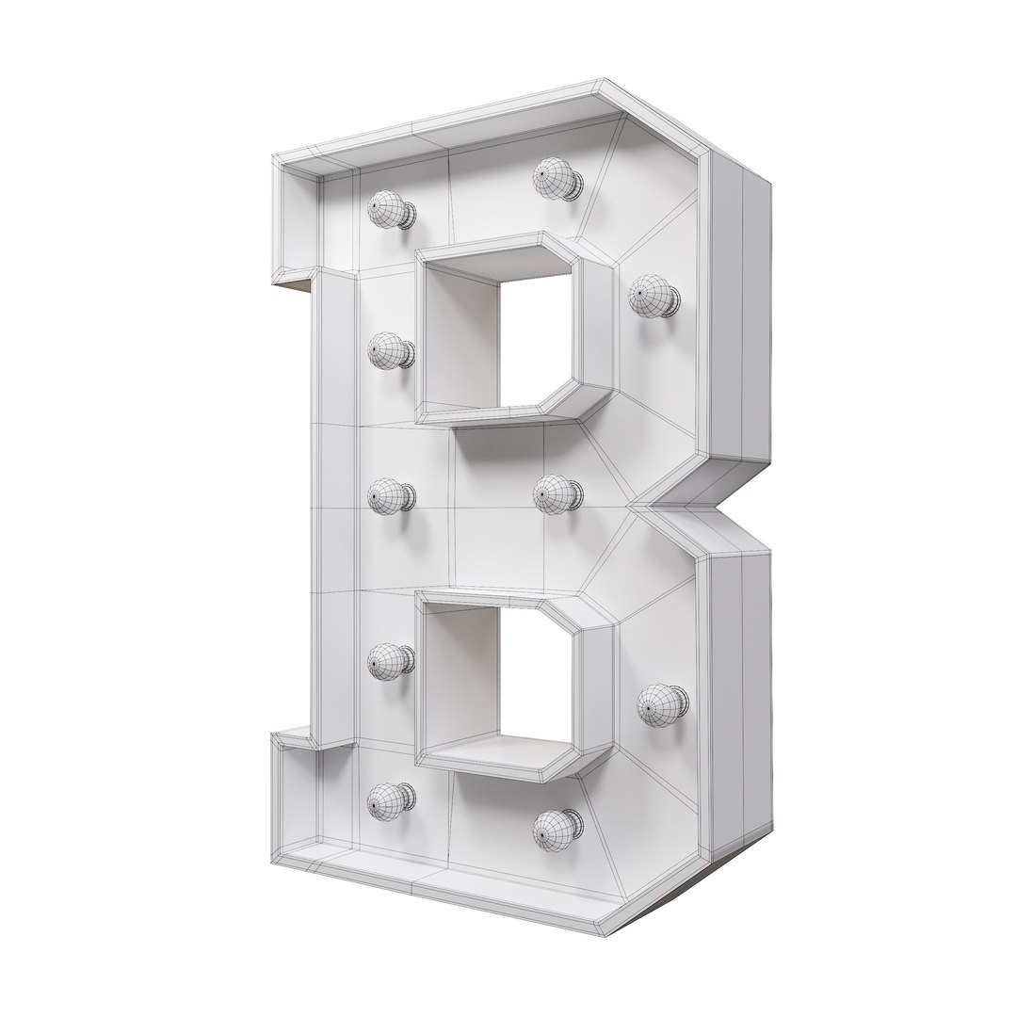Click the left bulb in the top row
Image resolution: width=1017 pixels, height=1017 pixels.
pos(388,210)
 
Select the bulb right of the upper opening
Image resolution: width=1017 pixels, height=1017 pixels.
pos(651,295)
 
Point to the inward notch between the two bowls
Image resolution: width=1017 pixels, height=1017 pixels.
pos(659,506)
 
